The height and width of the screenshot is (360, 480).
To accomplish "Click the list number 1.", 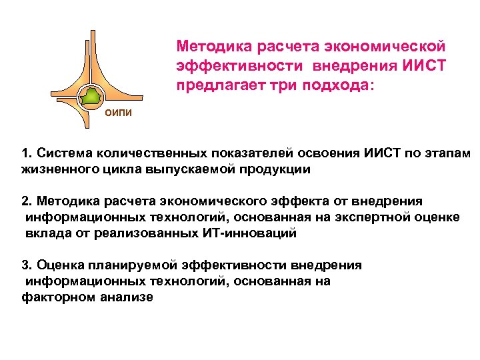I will click(25, 153).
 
